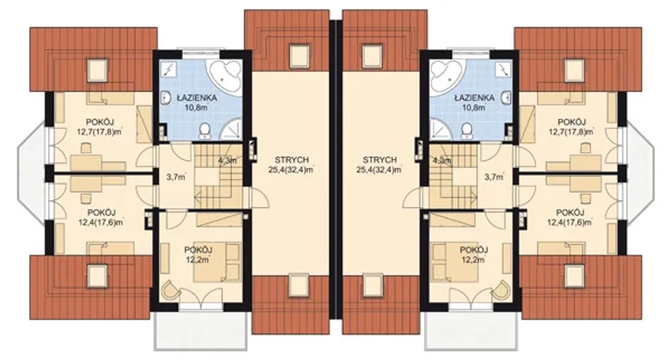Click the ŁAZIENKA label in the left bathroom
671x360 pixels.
pyautogui.click(x=197, y=97)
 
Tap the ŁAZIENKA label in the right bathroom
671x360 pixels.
pyautogui.click(x=474, y=97)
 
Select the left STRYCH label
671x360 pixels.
pyautogui.click(x=291, y=160)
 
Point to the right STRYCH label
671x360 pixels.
pyautogui.click(x=380, y=160)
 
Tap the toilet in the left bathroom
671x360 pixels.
pyautogui.click(x=205, y=130)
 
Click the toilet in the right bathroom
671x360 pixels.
pyautogui.click(x=466, y=130)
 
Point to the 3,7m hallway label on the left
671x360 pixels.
pyautogui.click(x=176, y=177)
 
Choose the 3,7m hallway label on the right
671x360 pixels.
pyautogui.click(x=494, y=177)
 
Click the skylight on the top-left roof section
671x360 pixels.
pyautogui.click(x=98, y=70)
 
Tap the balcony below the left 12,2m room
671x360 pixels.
pyautogui.click(x=200, y=331)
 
